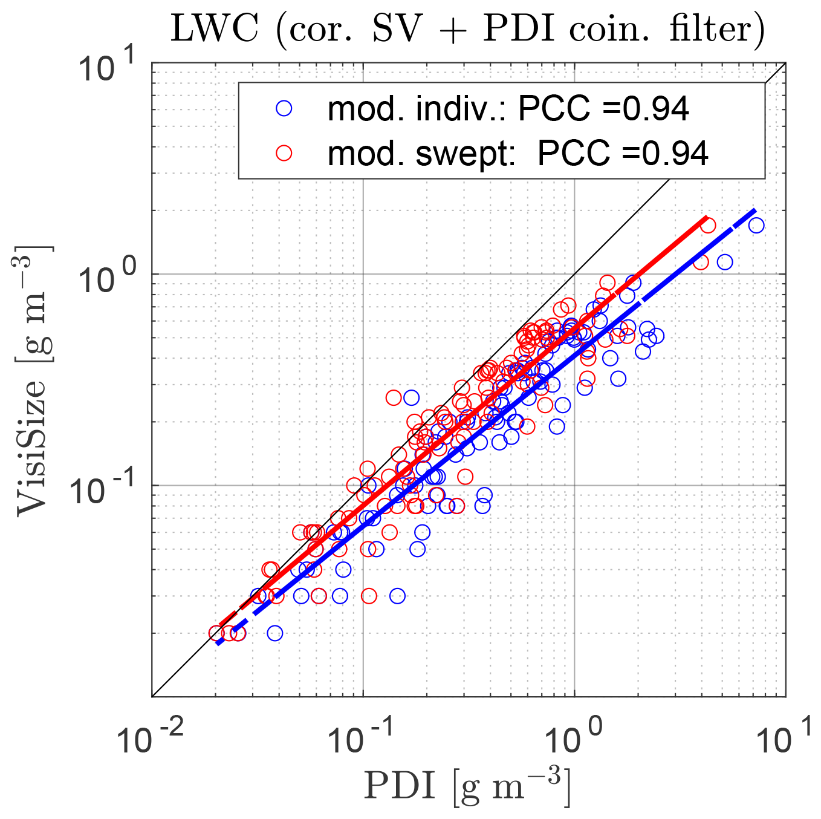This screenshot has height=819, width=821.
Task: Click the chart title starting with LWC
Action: tap(467, 28)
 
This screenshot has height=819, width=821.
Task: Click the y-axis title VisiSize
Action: tap(33, 381)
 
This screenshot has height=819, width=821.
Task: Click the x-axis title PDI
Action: tap(467, 786)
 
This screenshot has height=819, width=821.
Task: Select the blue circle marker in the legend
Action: tap(284, 108)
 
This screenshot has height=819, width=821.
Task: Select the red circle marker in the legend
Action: tap(284, 153)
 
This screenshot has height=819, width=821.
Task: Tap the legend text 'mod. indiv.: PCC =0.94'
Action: tap(508, 109)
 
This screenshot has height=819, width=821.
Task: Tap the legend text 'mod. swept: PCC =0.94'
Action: tap(518, 154)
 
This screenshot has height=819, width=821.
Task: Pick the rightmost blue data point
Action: tap(756, 226)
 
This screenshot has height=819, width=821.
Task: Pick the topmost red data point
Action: tap(708, 226)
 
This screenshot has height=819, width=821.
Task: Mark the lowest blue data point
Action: tap(275, 633)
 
